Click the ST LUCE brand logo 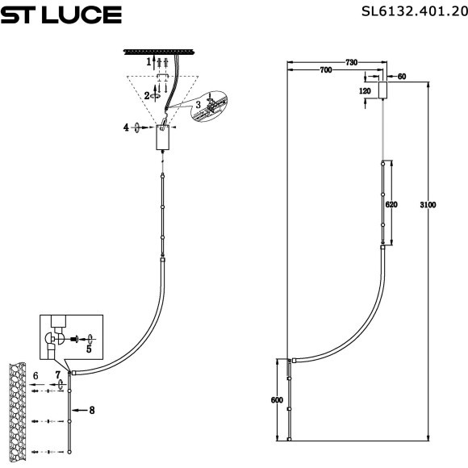click(x=61, y=15)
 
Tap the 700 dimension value click(x=326, y=71)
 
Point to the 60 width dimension click(x=401, y=76)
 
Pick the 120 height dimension click(x=366, y=91)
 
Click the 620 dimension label click(x=391, y=205)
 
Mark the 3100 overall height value click(x=428, y=205)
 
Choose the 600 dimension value click(x=277, y=399)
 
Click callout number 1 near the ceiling click(x=148, y=61)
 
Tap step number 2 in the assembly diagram click(x=147, y=94)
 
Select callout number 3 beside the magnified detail click(x=198, y=105)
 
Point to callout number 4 click(x=126, y=127)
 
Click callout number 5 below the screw click(x=89, y=349)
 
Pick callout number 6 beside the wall click(x=36, y=376)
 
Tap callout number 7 click(x=57, y=376)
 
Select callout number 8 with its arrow click(x=92, y=411)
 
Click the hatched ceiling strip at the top click(x=161, y=52)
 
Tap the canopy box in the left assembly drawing click(x=164, y=140)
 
